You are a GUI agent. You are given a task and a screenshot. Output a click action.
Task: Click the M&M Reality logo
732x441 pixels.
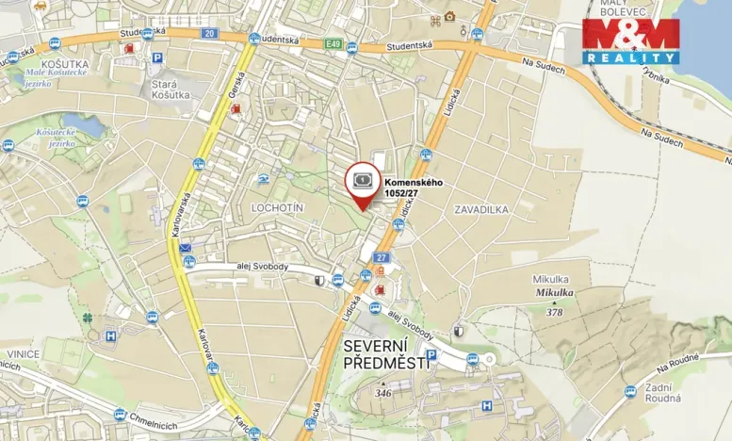pos(630,41)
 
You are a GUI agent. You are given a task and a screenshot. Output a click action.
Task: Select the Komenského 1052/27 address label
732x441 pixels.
pos(413,188)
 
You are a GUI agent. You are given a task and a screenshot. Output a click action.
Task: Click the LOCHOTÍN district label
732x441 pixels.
pos(278,206)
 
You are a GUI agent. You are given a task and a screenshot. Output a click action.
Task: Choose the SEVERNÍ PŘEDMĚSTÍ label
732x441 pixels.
pos(386,354)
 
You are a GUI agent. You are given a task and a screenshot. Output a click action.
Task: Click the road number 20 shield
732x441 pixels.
pos(209,34)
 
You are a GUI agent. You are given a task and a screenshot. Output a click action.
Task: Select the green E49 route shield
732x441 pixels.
pos(333,43)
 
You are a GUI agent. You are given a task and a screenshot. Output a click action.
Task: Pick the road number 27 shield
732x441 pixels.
pos(381,257)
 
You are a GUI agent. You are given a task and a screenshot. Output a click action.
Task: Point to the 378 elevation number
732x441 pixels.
pos(554,312)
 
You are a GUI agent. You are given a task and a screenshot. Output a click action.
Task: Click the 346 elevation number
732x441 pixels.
pos(382,392)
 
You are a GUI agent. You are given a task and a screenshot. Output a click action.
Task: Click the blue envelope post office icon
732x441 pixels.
pos(186,249)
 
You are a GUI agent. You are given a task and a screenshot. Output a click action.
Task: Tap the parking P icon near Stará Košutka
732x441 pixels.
pos(158,57)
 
